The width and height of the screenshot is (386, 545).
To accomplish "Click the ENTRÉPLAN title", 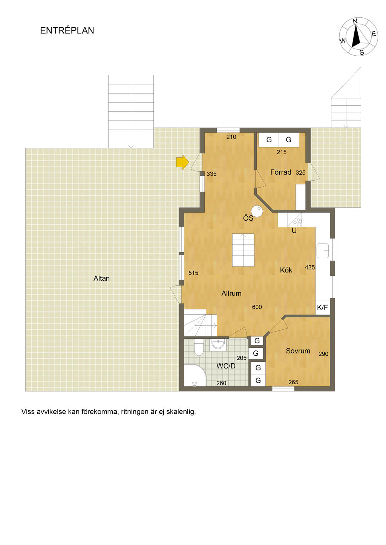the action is point(67,30).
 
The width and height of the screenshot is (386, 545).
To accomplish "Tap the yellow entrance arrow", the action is point(182,162).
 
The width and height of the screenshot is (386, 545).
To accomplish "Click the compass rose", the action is point(358,37).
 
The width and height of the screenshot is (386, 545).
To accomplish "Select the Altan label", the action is point(102,279).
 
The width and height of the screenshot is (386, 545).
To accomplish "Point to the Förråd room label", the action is point(281,172).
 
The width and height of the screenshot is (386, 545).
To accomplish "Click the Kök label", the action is point(286,270).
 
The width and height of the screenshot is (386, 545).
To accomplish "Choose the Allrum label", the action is point(231,294).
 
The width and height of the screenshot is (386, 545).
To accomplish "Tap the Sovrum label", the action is point(298,351).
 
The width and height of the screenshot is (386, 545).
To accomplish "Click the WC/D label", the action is point(226,366).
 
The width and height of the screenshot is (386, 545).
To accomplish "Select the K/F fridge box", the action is point(323,308).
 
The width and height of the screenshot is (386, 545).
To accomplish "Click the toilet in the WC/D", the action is point(199,347).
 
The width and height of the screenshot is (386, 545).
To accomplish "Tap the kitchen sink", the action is point(323,251).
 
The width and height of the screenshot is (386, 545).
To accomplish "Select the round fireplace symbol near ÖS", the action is point(257,211).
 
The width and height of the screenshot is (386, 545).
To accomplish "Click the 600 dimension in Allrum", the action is point(257,307).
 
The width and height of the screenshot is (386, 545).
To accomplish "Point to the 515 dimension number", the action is point(193,273).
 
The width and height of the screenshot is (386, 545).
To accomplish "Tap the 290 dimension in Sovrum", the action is point(323,354).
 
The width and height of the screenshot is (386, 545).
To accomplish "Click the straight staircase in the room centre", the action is point(243,250).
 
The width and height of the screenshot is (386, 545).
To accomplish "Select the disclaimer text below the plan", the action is point(109,412).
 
